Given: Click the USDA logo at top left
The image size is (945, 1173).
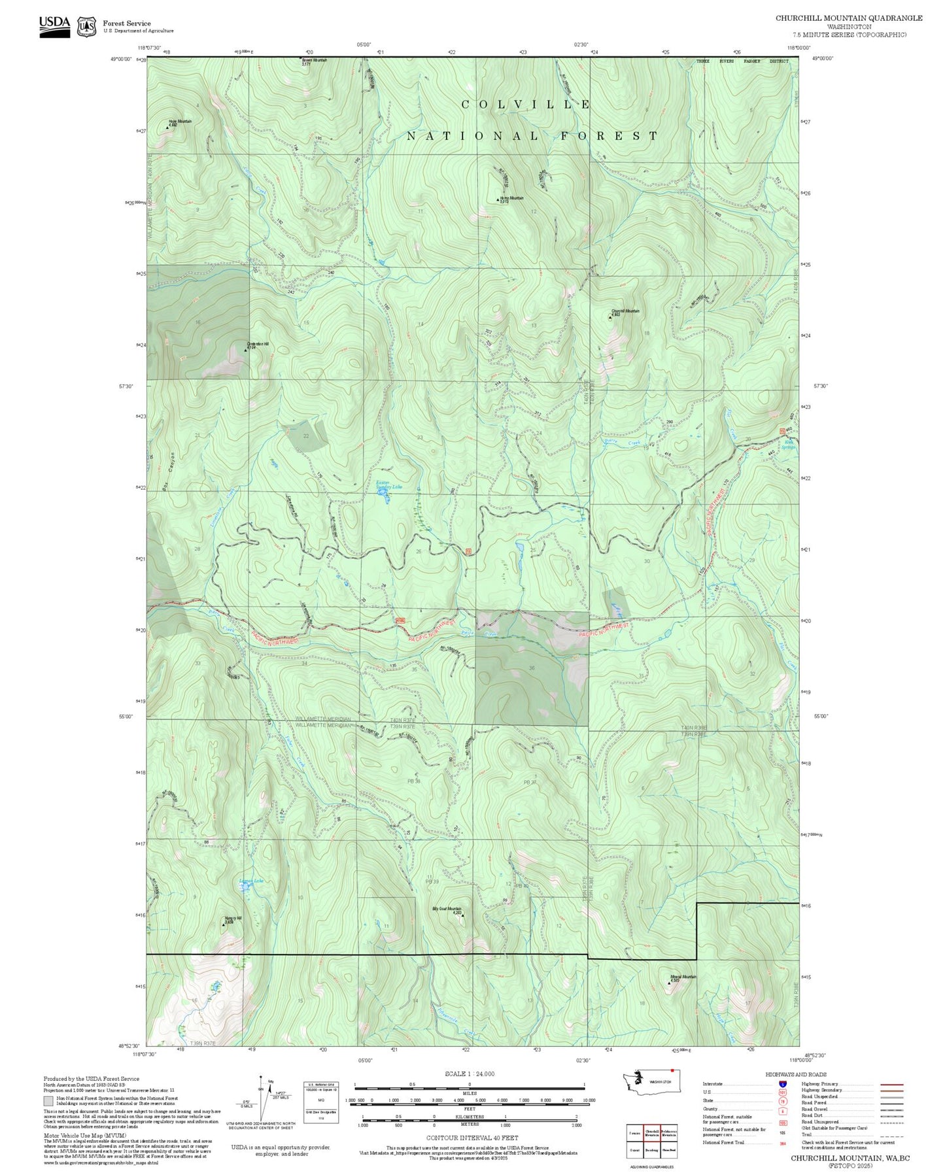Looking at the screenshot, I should (x=54, y=25).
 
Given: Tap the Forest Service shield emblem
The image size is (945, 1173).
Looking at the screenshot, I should (x=86, y=27).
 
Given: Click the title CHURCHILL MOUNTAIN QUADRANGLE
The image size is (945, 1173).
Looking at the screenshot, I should (x=849, y=18).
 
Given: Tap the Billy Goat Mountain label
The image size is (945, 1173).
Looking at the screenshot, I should (x=447, y=909).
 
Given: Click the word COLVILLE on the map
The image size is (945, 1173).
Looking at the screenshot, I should (x=526, y=105).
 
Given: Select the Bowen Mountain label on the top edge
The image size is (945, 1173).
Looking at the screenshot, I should (x=314, y=61).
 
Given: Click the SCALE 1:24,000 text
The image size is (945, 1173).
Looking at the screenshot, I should (x=469, y=1074).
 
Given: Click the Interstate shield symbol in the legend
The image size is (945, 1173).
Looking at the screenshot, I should (x=783, y=1084).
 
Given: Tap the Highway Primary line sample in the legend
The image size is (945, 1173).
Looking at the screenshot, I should (x=892, y=1084).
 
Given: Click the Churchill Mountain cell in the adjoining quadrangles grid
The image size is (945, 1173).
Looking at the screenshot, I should (x=651, y=1132).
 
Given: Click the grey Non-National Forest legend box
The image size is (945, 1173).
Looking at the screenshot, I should (x=48, y=1100).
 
